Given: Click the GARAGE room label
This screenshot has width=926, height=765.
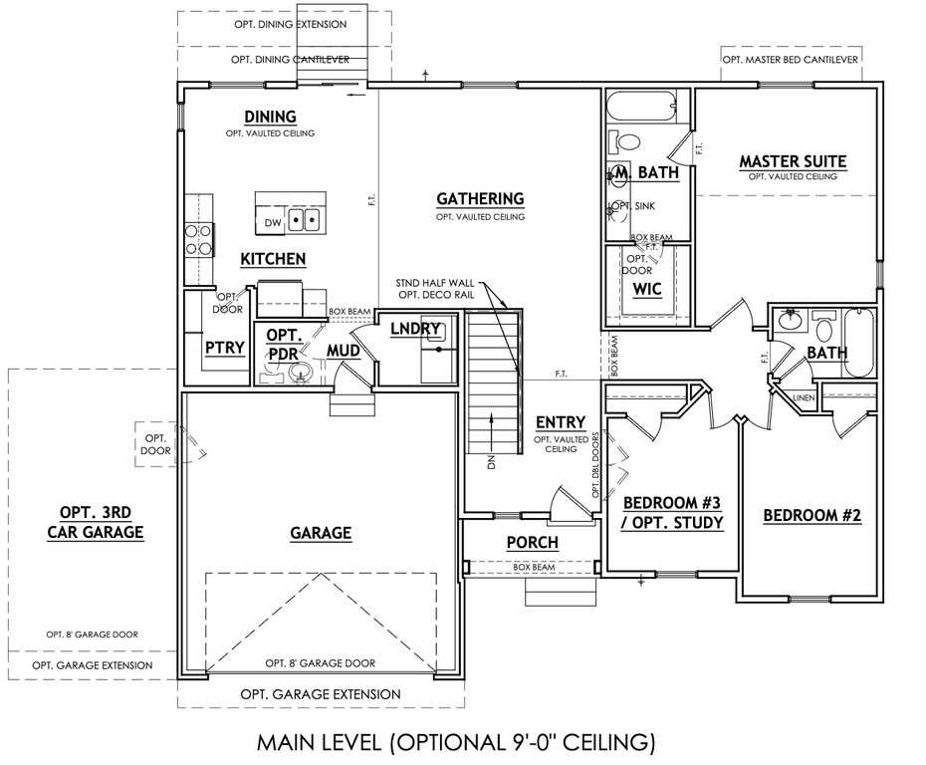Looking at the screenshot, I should click(x=321, y=534).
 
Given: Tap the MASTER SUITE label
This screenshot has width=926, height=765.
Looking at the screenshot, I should click(x=793, y=160).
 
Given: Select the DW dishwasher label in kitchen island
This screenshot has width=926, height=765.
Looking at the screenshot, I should click(x=272, y=221).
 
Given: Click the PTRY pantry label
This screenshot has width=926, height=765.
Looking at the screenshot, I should click(x=224, y=348).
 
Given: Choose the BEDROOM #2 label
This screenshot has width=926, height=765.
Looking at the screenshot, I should click(x=811, y=516).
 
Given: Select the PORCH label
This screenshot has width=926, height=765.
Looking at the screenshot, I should click(x=532, y=543).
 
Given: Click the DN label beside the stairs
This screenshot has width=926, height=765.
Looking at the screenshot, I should click(x=490, y=462).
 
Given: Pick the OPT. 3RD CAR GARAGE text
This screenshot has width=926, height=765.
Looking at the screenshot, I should click(x=96, y=523).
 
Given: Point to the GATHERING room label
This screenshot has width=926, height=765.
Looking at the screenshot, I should click(x=480, y=199).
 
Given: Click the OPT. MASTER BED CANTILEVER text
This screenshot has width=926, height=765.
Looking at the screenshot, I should click(x=791, y=60).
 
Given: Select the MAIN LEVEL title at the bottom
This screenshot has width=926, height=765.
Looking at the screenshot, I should click(x=456, y=741).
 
